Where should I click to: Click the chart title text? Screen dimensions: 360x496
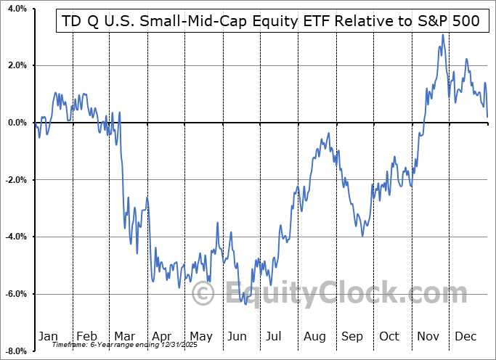click(x=268, y=21)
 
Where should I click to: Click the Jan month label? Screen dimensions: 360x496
click(x=47, y=336)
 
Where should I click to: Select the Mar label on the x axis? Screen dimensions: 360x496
click(x=124, y=336)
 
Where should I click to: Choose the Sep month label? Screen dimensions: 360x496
click(x=352, y=336)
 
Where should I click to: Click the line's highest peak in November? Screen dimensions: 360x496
click(x=442, y=35)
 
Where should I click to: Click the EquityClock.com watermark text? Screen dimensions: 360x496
click(x=320, y=294)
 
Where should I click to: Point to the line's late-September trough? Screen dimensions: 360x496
click(x=362, y=235)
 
